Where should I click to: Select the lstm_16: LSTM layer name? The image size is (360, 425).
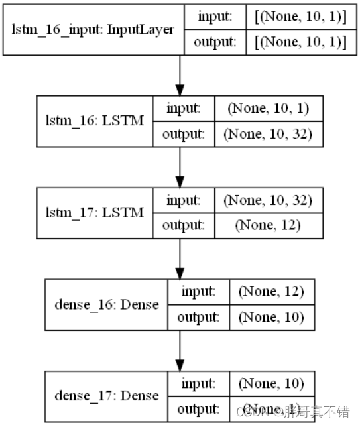point(93,121)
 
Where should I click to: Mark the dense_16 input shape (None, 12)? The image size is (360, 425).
point(270,292)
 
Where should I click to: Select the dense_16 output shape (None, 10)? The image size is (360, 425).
point(270,318)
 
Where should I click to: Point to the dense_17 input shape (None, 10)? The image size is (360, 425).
point(270,383)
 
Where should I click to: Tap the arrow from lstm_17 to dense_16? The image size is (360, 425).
point(180,259)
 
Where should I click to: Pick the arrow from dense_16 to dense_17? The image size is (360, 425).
point(180,351)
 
